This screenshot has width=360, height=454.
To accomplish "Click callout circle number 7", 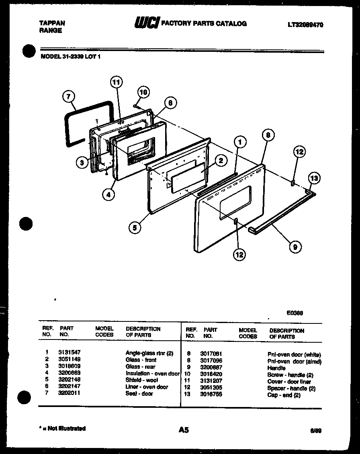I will coord(69,96).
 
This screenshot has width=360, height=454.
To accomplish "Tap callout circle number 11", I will coord(116,83).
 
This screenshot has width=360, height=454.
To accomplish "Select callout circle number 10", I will coord(143,92).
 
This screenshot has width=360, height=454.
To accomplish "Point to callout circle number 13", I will coord(315,178).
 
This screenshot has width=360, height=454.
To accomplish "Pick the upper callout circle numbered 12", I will coord(299,152).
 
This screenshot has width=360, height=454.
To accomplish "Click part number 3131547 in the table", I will coord(70,353).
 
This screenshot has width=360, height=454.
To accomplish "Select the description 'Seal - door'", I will coord(139,394).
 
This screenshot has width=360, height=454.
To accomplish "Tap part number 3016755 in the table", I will coord(211,395).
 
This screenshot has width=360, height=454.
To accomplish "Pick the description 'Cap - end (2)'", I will coord(284,395).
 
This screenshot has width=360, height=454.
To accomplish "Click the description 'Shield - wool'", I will coord(141,380).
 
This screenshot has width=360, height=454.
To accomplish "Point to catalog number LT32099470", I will coord(305,25).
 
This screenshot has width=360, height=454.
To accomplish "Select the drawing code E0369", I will coord(295,313).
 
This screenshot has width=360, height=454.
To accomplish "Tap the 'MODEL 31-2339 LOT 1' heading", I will coord(71,57).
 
